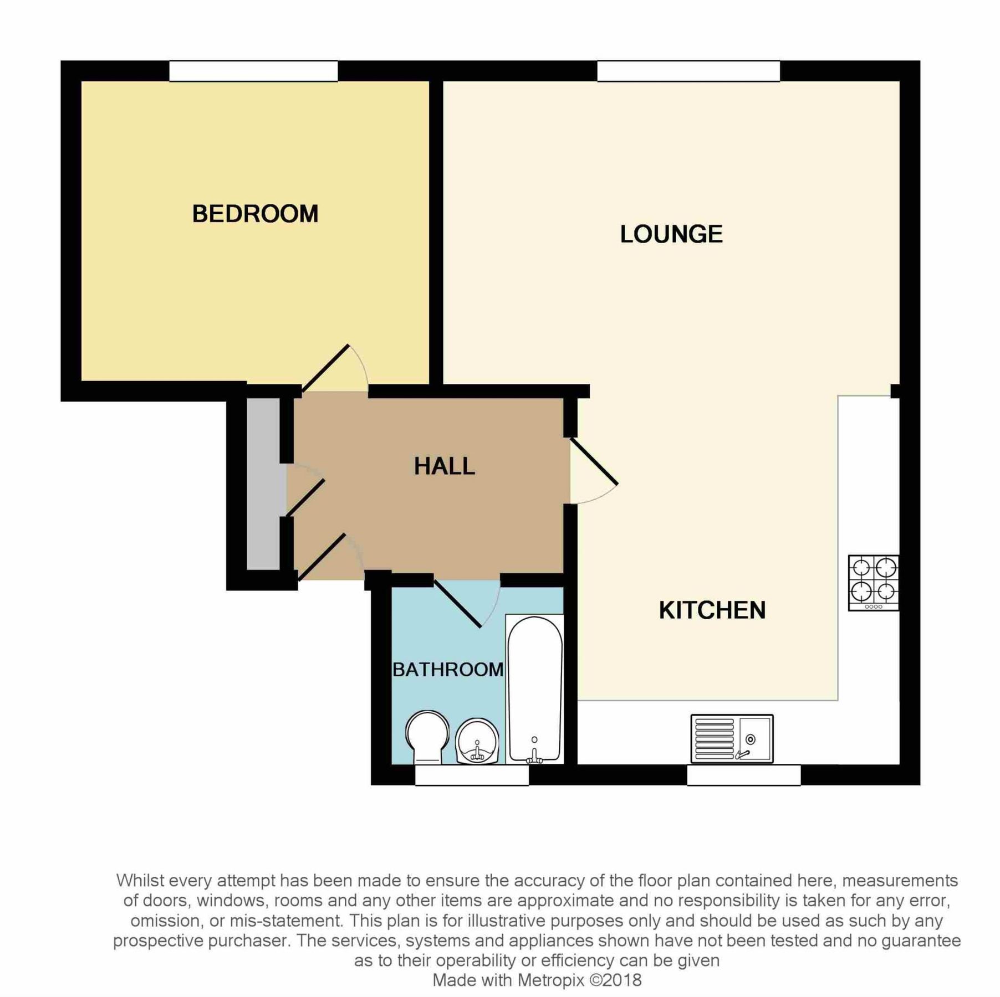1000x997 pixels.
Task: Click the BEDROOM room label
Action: (x=255, y=214)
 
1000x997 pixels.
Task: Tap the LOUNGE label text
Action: (x=671, y=234)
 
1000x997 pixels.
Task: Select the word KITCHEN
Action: (x=712, y=610)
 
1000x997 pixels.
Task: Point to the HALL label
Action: (x=444, y=466)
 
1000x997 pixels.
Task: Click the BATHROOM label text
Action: (x=448, y=670)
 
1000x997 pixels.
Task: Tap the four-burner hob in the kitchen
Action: (x=873, y=583)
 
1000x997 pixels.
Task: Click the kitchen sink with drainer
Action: (x=732, y=738)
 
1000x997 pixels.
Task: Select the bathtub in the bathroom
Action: (x=535, y=690)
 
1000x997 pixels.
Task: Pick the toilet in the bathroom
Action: (x=427, y=737)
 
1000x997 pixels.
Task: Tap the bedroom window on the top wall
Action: (x=253, y=71)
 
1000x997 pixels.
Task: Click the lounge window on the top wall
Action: (x=688, y=71)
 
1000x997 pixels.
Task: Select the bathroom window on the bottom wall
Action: (x=472, y=776)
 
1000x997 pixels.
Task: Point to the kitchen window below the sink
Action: (x=743, y=776)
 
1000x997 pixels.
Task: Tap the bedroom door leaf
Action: (x=325, y=368)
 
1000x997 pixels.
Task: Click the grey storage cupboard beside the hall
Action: (x=263, y=484)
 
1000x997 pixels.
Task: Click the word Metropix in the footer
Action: (x=551, y=980)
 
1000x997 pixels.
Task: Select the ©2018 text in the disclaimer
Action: (x=615, y=980)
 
